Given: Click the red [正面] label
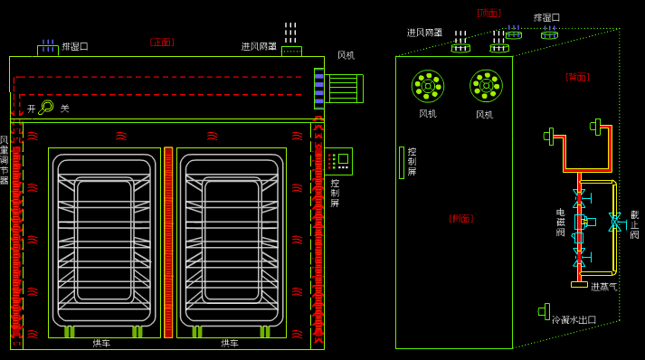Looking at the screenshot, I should click(162, 43).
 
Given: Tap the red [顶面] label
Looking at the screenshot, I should click(488, 13).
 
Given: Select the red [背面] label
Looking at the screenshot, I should click(577, 77).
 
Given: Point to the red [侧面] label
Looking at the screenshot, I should click(460, 218).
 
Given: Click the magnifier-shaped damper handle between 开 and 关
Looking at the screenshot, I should click(45, 108).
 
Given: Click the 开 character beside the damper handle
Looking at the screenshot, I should click(31, 109).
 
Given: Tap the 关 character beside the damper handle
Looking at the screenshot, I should click(64, 109).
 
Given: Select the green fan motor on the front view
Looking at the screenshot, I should click(344, 88).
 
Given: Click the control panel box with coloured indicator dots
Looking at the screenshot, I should click(339, 161).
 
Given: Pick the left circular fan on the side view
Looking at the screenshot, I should click(428, 86).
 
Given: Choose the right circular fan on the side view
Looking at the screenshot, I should click(486, 86).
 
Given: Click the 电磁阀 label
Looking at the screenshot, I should click(561, 223).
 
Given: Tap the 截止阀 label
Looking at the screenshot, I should click(634, 224).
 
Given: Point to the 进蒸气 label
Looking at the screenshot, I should click(604, 287).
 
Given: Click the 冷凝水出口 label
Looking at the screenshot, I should click(574, 319).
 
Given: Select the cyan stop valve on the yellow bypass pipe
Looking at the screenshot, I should click(615, 222).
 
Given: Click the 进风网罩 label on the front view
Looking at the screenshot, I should click(259, 46).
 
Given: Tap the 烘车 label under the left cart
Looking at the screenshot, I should click(101, 344).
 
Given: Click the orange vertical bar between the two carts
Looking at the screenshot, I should click(168, 242).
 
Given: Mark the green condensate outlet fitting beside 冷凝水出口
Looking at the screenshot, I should click(545, 311).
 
